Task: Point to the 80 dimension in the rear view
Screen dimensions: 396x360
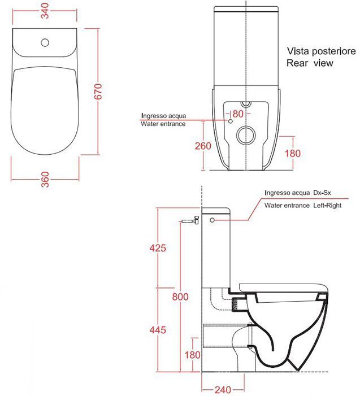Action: point(237,114)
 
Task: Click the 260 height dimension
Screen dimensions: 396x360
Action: point(203,146)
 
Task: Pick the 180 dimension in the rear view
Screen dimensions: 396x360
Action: point(293,154)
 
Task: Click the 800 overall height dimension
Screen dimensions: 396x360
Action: point(181,297)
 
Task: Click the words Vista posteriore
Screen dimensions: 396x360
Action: point(320,51)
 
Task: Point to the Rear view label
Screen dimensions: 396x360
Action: point(310,63)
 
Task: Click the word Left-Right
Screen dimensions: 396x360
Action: point(327,206)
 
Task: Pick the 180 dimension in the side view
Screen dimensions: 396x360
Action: point(191,354)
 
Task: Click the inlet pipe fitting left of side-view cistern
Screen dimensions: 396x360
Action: point(190,222)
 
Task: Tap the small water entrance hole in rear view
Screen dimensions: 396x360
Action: point(231,120)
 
